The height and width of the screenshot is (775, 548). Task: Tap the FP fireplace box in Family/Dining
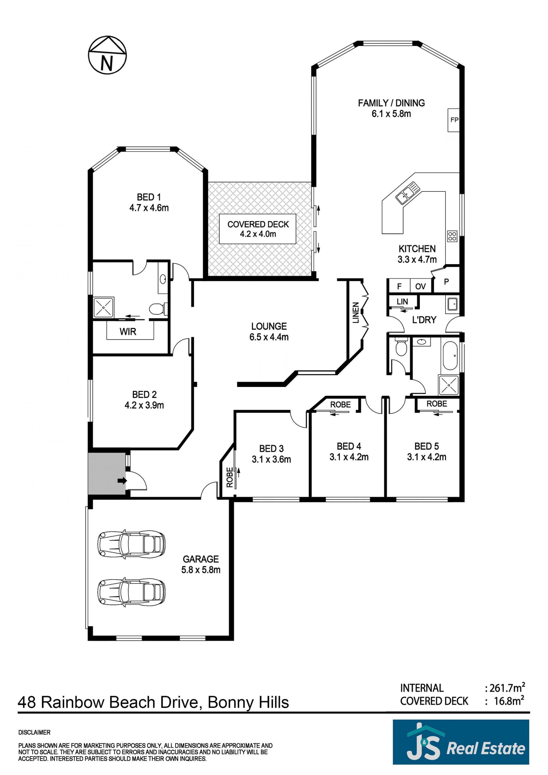(x=454, y=120)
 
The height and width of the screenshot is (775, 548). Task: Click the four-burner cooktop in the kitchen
(x=452, y=236)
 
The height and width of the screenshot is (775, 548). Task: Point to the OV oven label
(x=420, y=286)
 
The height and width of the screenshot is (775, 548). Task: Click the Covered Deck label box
(x=258, y=229)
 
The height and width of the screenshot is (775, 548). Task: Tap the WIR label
(x=128, y=332)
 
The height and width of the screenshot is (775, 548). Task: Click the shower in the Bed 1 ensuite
(x=104, y=307)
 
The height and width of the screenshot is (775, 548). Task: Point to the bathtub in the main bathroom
(x=450, y=356)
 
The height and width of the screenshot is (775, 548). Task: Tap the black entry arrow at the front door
(x=122, y=480)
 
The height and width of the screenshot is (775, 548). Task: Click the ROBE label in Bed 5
(x=437, y=404)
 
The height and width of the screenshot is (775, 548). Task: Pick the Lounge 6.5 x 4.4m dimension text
(x=269, y=337)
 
